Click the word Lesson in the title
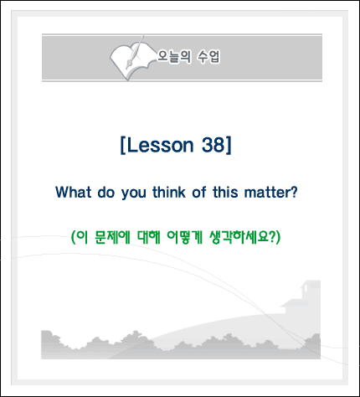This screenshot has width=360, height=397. point(160,145)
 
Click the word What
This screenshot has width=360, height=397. point(74,192)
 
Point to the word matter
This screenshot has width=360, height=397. point(267,193)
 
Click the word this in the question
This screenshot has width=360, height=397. point(225,192)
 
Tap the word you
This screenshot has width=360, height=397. point(134,193)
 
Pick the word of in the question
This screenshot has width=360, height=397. point(199,192)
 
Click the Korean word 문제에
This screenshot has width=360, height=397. point(112,237)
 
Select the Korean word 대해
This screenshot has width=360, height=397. point(148,237)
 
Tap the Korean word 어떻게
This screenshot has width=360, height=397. point(184,237)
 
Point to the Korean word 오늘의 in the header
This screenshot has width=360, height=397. point(174,57)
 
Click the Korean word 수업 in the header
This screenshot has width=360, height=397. point(208,57)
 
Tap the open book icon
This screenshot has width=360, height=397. point(131,59)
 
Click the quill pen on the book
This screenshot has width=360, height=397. point(135,52)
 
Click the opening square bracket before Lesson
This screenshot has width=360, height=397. point(123,145)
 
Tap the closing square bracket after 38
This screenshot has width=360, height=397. point(229,145)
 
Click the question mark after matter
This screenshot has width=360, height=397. point(294,192)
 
